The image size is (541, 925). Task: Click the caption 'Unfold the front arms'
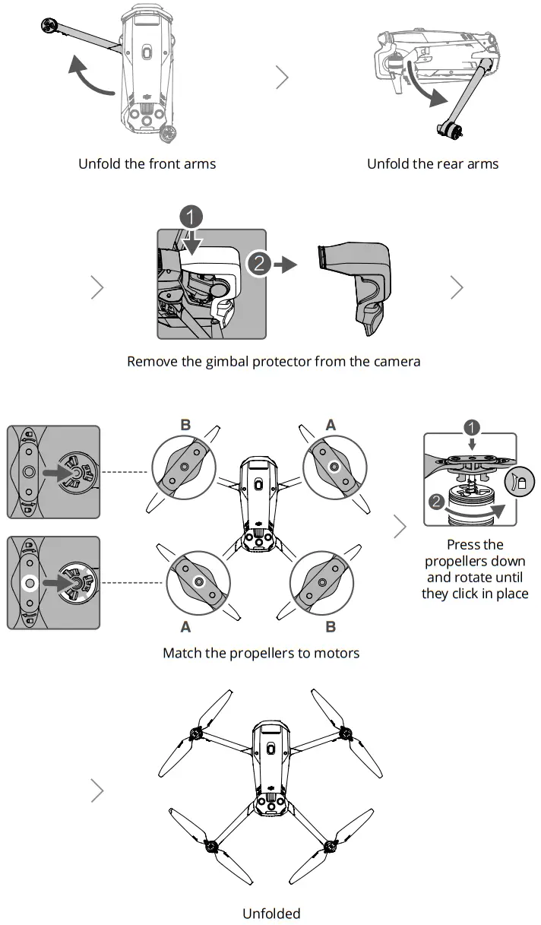[147, 163]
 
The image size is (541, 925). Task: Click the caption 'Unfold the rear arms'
[432, 163]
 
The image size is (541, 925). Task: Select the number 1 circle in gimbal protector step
[192, 216]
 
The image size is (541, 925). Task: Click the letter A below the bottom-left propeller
[185, 627]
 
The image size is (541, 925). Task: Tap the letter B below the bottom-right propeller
[331, 627]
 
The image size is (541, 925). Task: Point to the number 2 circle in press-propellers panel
[435, 502]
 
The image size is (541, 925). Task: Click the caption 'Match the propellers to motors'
[261, 653]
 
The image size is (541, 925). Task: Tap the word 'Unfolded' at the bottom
[271, 913]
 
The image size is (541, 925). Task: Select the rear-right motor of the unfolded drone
[331, 847]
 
